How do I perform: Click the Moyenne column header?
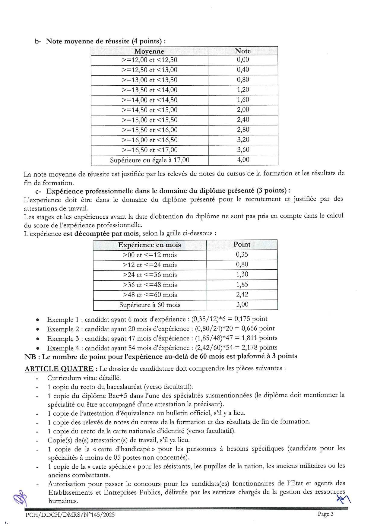tap(149, 51)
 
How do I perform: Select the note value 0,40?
tap(243, 70)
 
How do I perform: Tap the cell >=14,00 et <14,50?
tap(150, 100)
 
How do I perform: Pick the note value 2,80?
tap(243, 130)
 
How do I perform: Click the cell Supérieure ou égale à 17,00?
tap(150, 160)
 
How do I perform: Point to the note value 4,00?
tap(243, 160)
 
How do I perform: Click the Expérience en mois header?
tap(150, 245)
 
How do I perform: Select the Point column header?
tap(242, 245)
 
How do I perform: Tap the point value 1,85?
tap(242, 284)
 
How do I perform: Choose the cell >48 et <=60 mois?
tap(150, 295)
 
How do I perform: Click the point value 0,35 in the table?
tap(242, 255)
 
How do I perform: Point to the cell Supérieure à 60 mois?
tap(150, 305)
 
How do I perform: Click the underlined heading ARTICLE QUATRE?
tap(59, 369)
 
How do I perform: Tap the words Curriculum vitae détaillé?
tap(84, 378)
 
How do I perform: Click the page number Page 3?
tap(325, 514)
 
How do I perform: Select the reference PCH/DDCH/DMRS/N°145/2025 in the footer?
tap(70, 515)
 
